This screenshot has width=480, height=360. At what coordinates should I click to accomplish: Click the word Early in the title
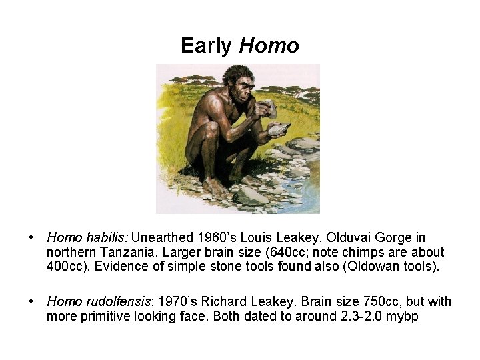click(206, 45)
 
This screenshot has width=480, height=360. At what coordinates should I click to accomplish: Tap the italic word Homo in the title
click(269, 45)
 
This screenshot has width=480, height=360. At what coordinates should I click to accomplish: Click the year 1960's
click(219, 237)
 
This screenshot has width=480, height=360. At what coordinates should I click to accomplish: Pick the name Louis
click(262, 237)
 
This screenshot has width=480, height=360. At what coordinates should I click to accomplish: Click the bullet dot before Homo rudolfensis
click(31, 301)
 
